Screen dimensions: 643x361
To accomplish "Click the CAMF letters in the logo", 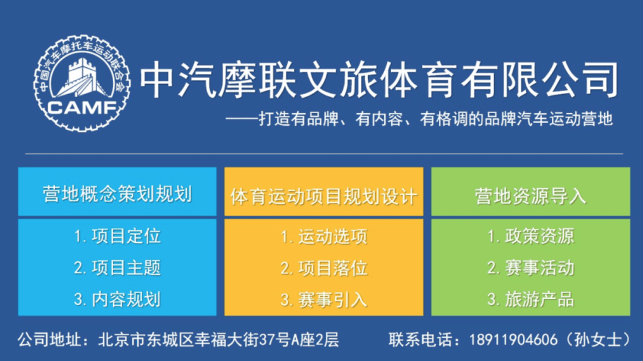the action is coord(82,108).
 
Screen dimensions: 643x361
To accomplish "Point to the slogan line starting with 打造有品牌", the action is coord(419,119).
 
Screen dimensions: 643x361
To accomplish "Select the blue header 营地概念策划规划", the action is coord(117,194).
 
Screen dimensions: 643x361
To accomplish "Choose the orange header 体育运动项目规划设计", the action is coord(324,197).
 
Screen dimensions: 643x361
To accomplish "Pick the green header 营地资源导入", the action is coord(530,196).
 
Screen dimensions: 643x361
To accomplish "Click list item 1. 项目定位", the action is coord(117,236).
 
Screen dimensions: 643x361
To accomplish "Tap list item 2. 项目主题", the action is coord(117,268).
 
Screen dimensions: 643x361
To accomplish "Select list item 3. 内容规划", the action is coord(117,300).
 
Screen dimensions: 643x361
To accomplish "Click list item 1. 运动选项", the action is coord(324,236).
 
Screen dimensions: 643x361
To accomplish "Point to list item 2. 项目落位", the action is coord(324,268).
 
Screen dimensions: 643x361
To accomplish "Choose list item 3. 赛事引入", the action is coord(324,300).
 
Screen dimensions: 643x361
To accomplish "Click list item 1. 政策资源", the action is coord(530,236).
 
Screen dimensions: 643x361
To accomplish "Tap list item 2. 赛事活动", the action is coord(530,268).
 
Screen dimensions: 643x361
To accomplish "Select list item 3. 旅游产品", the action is coord(530,300).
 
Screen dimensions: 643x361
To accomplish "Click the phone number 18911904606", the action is coord(513,340).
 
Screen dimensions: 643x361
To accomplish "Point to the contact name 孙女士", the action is coord(598,340).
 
